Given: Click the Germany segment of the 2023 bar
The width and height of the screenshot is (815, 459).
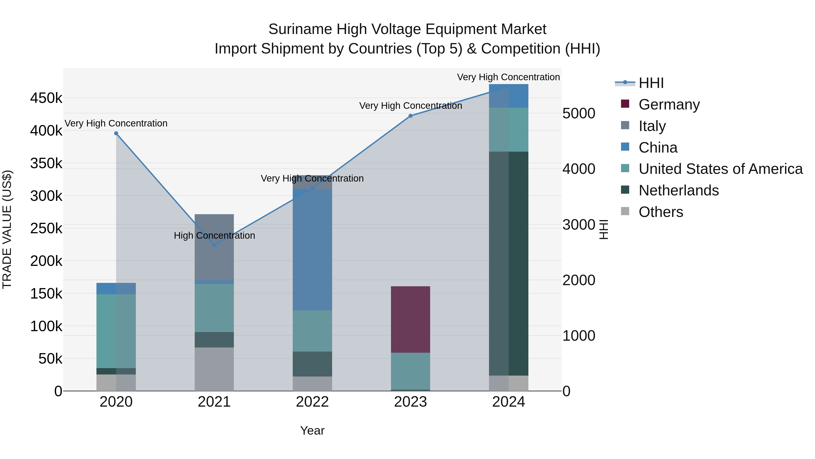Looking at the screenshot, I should point(410,319).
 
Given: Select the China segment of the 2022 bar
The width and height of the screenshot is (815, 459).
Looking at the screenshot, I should point(312,250).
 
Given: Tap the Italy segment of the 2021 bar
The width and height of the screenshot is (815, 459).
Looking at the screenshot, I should point(214,247).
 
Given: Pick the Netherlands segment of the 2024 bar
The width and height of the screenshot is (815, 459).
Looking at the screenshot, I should point(508,264).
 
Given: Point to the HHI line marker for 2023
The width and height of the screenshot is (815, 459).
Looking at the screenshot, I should point(410,116).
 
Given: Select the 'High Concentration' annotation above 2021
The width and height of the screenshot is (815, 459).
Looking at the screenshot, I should point(214,235).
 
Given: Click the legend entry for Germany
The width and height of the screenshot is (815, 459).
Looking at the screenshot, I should point(669,104).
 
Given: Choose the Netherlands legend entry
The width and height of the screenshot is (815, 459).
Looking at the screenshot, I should point(678,190).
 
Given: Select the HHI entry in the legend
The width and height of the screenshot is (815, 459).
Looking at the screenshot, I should point(651,83).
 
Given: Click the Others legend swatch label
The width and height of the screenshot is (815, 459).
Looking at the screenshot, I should point(661,212).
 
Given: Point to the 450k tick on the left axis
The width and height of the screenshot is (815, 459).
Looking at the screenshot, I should point(46,98).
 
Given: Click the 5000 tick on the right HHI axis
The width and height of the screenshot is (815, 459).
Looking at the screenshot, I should point(579,113).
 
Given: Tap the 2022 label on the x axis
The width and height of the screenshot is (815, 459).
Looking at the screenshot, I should point(312,402).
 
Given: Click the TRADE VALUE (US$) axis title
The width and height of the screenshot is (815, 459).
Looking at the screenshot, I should point(7,229).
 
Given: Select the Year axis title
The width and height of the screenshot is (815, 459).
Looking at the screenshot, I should point(312,430).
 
